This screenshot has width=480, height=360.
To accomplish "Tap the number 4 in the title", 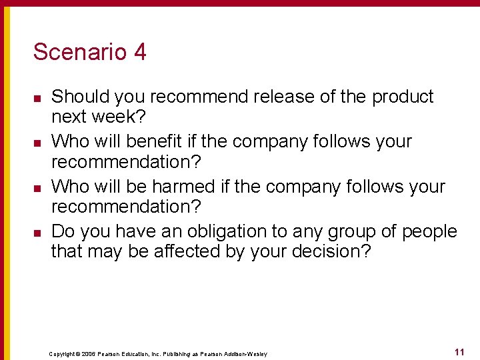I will (x=139, y=52).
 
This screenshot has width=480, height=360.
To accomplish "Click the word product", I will (x=403, y=97).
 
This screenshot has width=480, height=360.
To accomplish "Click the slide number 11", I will (x=459, y=352).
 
